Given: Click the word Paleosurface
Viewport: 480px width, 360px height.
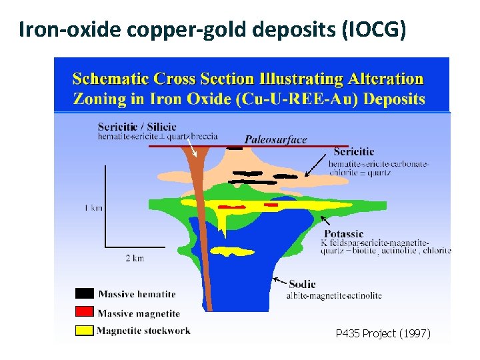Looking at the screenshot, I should (275, 139).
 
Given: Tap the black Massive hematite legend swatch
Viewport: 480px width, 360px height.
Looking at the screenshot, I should (85, 293).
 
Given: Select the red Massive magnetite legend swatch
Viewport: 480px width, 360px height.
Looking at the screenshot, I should (85, 311).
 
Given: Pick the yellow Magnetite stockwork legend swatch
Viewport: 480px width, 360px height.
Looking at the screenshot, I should (85, 330).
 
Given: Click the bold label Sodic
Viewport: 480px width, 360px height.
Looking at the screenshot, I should (302, 285).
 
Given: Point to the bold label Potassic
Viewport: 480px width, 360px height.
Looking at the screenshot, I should (344, 233).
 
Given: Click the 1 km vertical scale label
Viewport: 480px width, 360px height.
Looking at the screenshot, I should (94, 208).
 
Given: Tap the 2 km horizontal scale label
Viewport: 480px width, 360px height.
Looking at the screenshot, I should (134, 257).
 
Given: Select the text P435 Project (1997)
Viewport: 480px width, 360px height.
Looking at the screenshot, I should (383, 333).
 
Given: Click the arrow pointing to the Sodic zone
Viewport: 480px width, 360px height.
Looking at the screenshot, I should (279, 281).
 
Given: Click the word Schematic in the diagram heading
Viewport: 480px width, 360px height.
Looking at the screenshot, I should (112, 79).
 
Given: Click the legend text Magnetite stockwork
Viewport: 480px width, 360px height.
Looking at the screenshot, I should (144, 330).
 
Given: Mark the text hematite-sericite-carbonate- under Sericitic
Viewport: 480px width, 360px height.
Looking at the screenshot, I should (379, 163).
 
